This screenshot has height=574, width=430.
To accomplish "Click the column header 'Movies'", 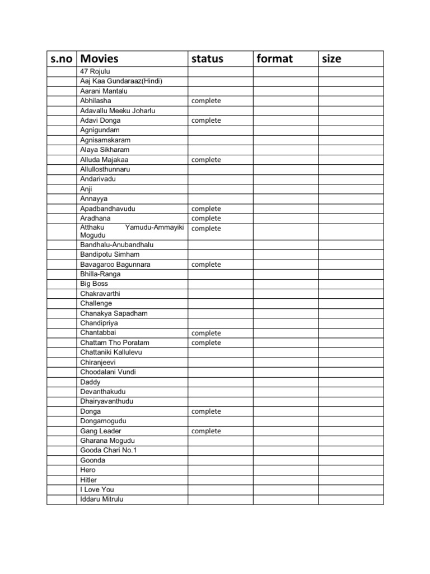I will click(100, 59).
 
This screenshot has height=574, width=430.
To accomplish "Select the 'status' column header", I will click(207, 59).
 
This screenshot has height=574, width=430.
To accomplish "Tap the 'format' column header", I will click(274, 59).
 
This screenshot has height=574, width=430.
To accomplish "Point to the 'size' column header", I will click(331, 59).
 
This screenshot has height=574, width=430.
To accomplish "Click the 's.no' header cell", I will click(62, 59).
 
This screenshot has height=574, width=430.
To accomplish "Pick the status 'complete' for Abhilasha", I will click(206, 101).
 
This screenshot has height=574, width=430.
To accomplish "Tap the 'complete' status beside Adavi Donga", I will click(206, 121).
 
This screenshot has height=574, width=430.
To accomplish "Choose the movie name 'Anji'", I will click(86, 189).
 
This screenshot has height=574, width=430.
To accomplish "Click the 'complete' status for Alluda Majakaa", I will click(206, 160).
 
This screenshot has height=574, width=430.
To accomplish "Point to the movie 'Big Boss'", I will click(94, 284).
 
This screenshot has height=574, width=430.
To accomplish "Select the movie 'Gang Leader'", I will click(101, 431).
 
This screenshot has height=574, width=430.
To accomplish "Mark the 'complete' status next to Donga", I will click(206, 411).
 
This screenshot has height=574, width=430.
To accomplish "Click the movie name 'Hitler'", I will click(88, 480).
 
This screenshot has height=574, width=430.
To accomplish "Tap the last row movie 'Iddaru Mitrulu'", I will click(102, 499).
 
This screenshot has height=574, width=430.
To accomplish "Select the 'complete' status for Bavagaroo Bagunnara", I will click(206, 265).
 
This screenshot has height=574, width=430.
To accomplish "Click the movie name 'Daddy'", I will click(90, 382).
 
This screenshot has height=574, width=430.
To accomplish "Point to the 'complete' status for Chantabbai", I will click(206, 333).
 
